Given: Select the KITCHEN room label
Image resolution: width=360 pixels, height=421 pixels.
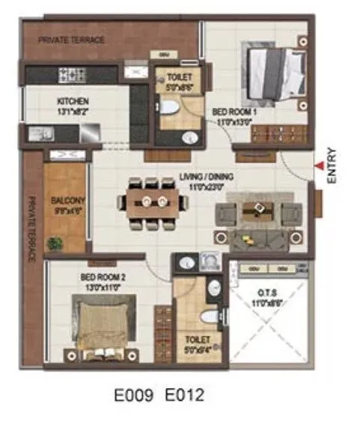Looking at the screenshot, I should [x=73, y=101].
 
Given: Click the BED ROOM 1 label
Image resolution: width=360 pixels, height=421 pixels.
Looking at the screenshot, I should [x=234, y=112].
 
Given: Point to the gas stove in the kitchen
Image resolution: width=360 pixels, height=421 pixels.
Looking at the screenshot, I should [x=72, y=74].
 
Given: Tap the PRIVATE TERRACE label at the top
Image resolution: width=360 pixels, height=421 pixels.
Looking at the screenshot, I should [x=71, y=40].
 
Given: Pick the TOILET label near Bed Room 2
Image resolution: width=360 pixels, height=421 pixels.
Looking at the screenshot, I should [x=198, y=339].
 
